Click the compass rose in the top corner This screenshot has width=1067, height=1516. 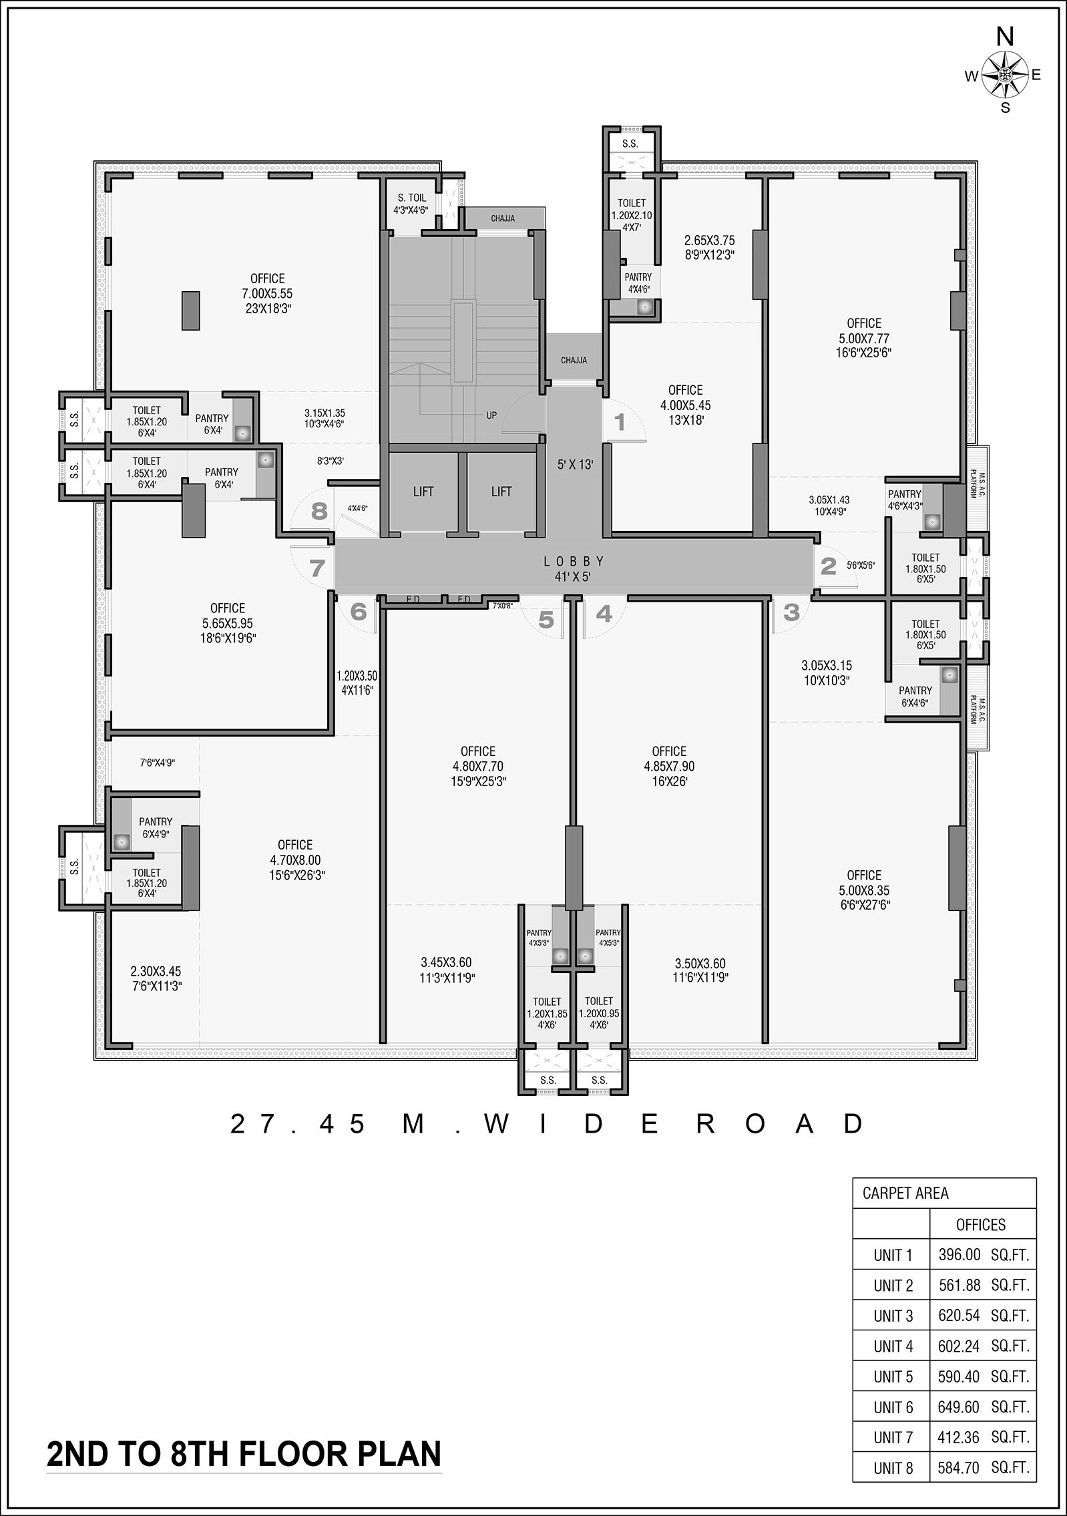point(1004,75)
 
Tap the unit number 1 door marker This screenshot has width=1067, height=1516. point(620,422)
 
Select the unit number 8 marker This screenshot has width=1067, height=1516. point(319,511)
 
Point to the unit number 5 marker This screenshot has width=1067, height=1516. point(546,620)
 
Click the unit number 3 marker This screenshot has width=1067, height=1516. point(791,612)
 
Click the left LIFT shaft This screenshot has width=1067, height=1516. point(423,492)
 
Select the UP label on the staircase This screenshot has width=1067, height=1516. point(491,415)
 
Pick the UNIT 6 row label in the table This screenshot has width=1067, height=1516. point(893,1407)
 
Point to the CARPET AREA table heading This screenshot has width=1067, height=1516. point(905,1193)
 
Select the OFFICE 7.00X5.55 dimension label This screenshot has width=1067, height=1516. point(268,293)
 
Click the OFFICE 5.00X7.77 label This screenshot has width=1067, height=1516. point(864,338)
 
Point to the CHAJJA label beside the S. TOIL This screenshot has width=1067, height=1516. point(503,218)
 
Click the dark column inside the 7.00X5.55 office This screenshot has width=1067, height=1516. point(191,311)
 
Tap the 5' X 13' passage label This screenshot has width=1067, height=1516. point(576,465)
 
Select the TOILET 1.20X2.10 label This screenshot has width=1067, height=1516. point(632,215)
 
